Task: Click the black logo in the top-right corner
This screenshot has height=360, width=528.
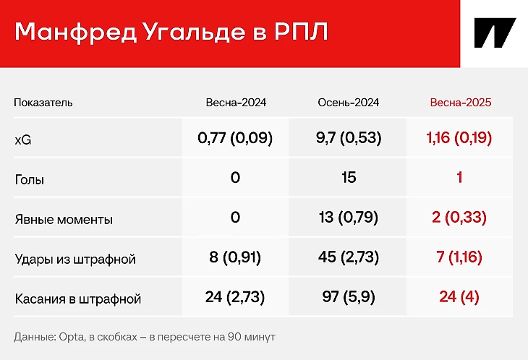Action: pos(495,33)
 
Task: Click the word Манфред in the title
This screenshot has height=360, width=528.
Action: pos(75,32)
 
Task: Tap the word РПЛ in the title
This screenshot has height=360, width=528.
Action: pos(301,32)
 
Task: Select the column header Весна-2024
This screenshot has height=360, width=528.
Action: pos(236,102)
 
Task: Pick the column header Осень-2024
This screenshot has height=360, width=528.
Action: pos(349,102)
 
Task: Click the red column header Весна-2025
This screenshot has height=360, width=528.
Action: pos(461,102)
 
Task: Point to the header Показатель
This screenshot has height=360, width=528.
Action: pos(43,102)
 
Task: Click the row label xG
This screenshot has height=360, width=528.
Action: pos(23,140)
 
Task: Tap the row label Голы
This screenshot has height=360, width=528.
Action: pos(30,180)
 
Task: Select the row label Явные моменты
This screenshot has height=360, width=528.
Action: pos(64,219)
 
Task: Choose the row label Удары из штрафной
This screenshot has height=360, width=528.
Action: pos(75,259)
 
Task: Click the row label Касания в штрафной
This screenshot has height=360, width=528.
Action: pos(78,299)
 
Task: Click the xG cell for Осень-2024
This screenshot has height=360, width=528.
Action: pos(349,137)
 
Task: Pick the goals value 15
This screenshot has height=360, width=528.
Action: pos(349,177)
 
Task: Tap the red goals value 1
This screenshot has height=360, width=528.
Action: pos(459,177)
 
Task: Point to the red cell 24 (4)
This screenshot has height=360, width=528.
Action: pos(459,297)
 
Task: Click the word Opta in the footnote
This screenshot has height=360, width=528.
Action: pos(71,337)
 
